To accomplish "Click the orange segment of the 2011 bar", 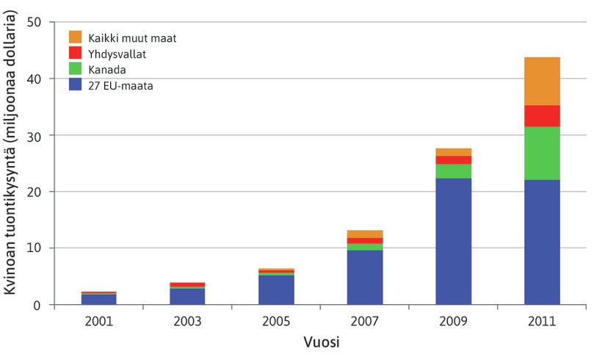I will tap(542, 81).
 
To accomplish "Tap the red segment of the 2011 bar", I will tap(542, 116).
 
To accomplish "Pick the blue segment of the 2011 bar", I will tap(542, 242).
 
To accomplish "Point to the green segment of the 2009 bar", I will tap(453, 171).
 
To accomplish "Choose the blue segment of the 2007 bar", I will tap(365, 277).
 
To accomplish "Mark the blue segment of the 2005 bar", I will tap(276, 289).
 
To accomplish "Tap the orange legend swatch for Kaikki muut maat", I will tap(74, 37).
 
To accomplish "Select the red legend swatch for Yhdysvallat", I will tap(74, 53).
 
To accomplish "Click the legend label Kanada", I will tap(106, 69).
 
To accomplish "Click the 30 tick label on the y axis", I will tap(34, 135).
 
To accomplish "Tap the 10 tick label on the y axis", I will tap(34, 248).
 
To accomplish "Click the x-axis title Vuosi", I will tap(320, 343).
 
